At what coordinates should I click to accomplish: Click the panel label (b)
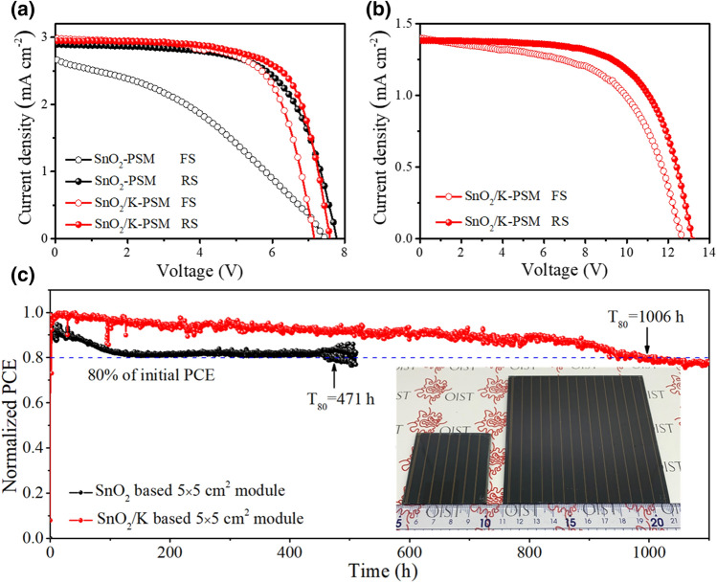[x=376, y=12]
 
